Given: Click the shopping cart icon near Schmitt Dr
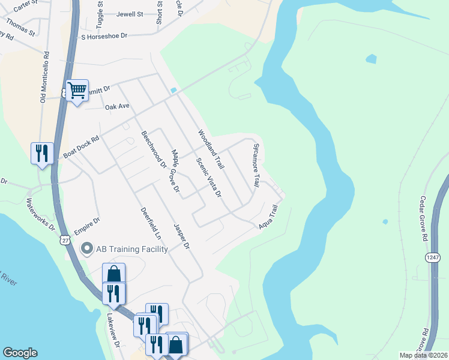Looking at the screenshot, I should coord(77,91).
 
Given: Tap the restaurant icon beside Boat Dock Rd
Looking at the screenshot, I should coord(41,152).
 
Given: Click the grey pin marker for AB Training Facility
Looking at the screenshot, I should coord(87,248).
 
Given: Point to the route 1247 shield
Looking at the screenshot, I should coord(433,257).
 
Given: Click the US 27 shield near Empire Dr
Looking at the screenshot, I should coord(64,239).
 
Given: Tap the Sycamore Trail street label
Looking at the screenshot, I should coord(256,164).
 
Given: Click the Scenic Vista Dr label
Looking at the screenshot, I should coord(209,178).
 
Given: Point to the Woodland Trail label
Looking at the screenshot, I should coord(211,149).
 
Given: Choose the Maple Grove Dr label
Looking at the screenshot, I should coord(175,171).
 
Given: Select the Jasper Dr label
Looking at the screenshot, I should coord(181,236).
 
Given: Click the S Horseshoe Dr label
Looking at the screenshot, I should coord(105,37).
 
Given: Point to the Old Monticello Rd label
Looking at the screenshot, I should coord(44,80).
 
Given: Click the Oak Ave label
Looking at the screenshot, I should coord(117,107).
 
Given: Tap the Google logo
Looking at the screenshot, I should coord(20,353).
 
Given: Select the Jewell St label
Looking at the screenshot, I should coord(130,14).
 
